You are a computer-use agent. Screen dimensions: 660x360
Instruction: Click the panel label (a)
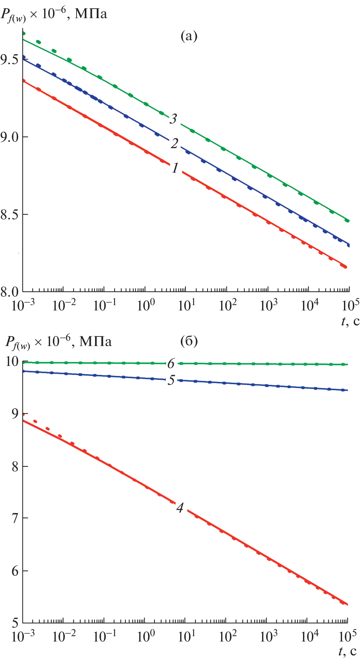click(189, 36)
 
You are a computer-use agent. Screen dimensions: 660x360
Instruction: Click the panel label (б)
click(189, 341)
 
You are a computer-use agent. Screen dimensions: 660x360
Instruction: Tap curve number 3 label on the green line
click(173, 119)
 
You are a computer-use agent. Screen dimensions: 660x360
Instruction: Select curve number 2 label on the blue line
click(174, 143)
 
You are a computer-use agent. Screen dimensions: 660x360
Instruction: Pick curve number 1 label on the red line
click(175, 168)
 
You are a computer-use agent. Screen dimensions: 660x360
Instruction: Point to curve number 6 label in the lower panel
click(171, 363)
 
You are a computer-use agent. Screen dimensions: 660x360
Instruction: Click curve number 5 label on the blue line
click(171, 380)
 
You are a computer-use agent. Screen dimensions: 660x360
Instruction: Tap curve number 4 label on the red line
click(180, 508)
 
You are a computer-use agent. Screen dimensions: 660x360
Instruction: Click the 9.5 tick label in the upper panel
click(10, 59)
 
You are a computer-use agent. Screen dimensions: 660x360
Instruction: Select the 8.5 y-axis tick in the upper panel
click(10, 215)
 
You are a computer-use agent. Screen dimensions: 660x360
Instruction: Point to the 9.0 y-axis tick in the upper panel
click(10, 137)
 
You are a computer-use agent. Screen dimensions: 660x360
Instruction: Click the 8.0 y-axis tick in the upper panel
click(10, 292)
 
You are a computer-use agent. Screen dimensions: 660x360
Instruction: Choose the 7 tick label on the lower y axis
click(15, 518)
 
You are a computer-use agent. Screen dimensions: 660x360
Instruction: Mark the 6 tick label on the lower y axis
click(15, 571)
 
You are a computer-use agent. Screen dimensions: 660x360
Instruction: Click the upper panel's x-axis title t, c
click(350, 321)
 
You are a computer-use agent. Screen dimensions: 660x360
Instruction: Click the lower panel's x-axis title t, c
click(348, 651)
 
